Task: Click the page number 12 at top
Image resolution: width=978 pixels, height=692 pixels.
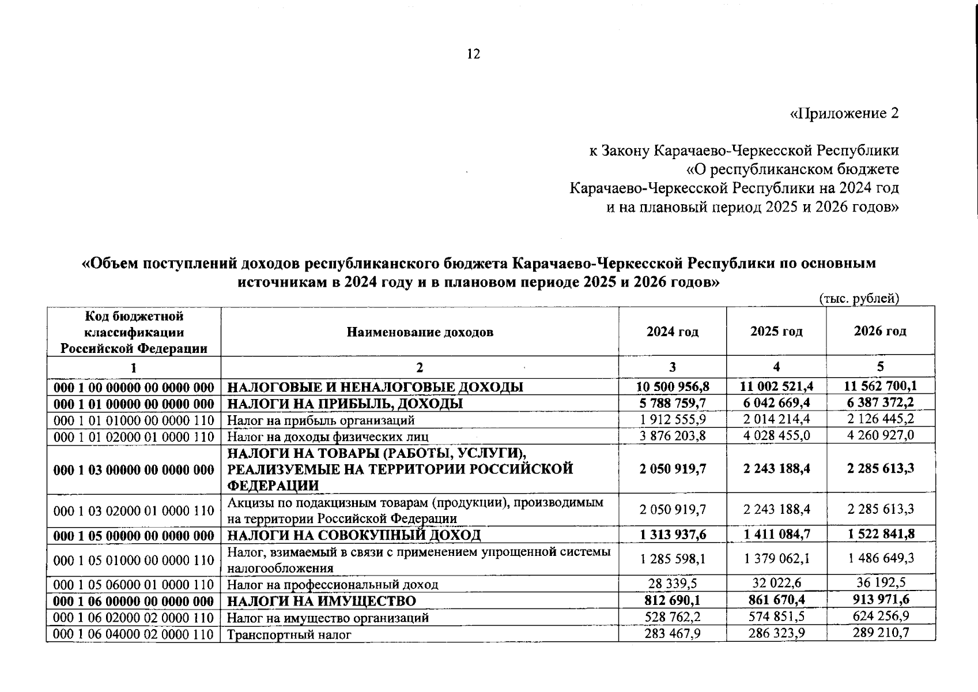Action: (473, 54)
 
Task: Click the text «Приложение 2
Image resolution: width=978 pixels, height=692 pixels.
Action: (843, 113)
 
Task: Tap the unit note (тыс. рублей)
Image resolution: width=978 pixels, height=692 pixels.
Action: (859, 299)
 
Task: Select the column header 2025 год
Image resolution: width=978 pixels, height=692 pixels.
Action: (776, 332)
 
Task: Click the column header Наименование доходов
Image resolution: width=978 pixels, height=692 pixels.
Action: (420, 332)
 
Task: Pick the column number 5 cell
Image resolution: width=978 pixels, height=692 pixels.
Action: (880, 367)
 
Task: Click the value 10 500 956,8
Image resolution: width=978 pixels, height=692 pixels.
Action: (673, 386)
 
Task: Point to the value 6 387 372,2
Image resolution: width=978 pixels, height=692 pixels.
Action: (880, 402)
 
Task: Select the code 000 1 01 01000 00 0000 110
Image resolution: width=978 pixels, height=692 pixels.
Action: (134, 420)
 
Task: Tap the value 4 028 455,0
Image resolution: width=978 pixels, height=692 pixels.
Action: (776, 435)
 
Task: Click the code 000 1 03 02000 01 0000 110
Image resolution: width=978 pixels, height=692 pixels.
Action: (134, 510)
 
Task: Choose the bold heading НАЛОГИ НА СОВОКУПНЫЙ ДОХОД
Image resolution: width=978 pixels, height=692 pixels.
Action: (354, 535)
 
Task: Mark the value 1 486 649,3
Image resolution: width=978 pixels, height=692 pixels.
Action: (880, 558)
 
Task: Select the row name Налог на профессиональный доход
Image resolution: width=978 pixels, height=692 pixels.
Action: (333, 585)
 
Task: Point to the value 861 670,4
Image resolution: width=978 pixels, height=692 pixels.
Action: (776, 600)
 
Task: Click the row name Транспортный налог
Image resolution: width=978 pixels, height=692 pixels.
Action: (289, 635)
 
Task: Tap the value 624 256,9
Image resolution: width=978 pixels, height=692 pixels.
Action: (880, 616)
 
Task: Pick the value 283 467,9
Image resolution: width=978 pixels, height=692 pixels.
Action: (673, 633)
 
